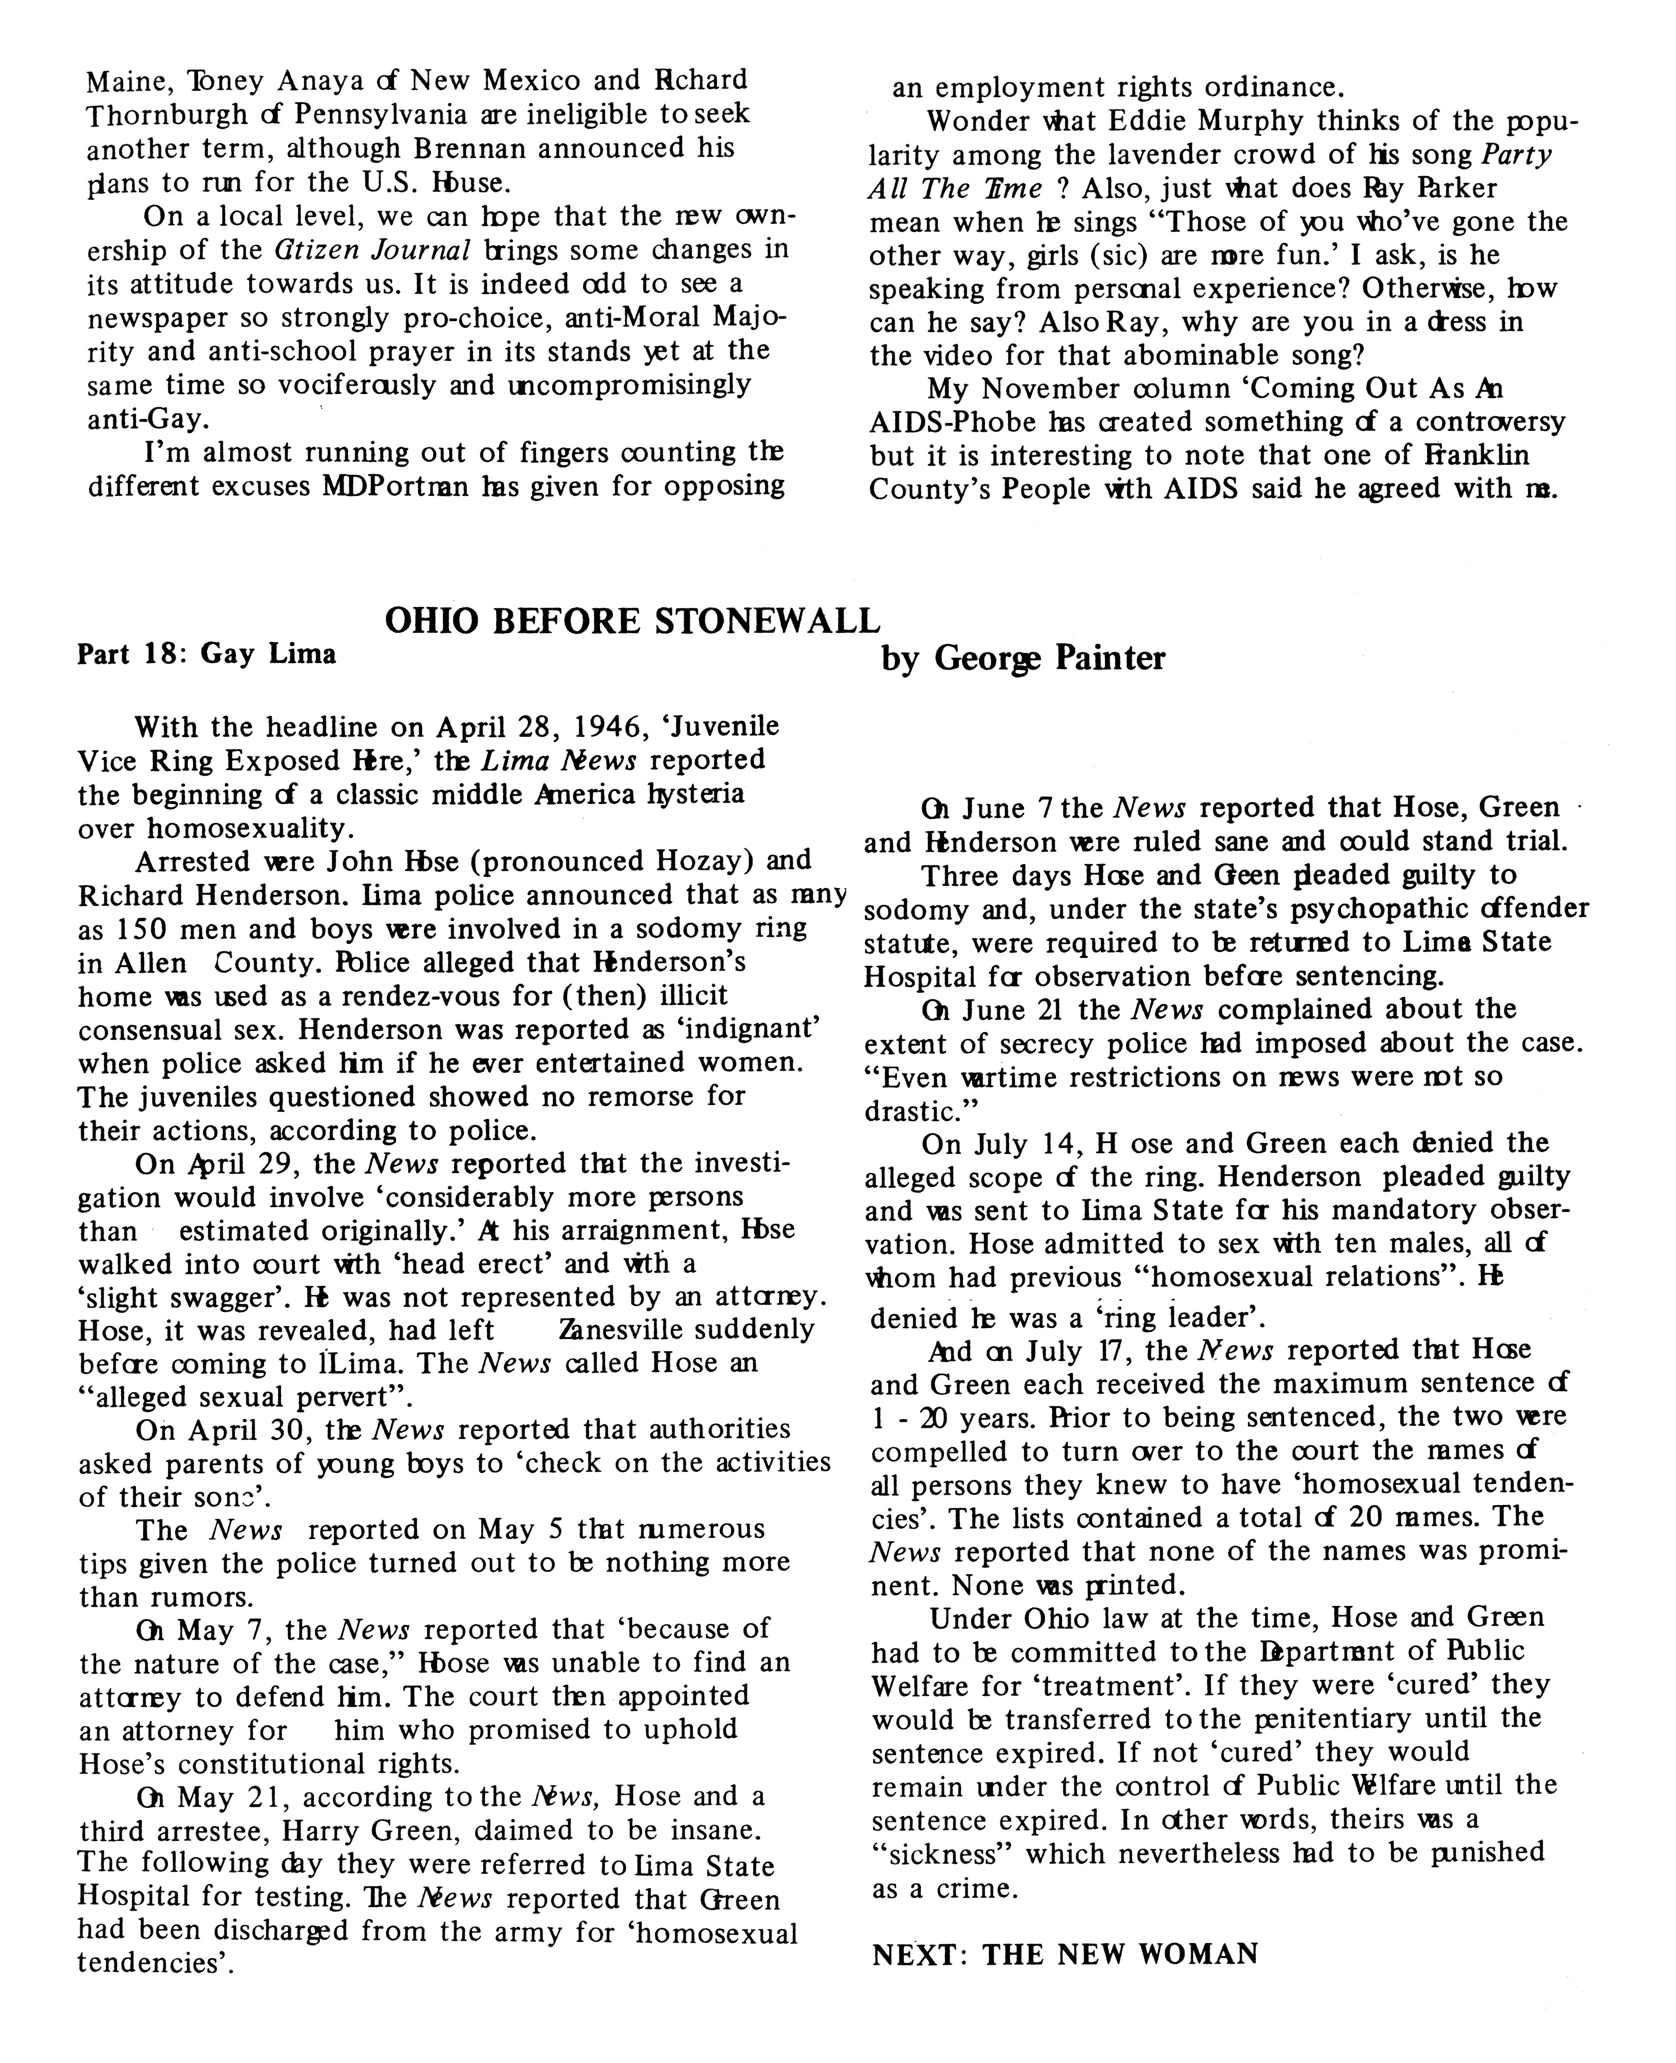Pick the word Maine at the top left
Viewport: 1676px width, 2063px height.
pos(127,80)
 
